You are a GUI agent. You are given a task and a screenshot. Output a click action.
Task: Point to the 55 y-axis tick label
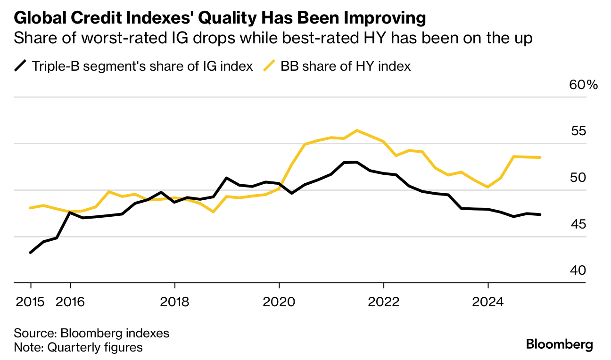[x=578, y=131]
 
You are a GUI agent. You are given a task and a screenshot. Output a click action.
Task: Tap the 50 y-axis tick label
[x=578, y=178]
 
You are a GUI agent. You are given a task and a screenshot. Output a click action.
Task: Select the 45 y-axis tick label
[x=578, y=224]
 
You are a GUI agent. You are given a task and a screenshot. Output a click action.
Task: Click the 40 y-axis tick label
[x=578, y=270]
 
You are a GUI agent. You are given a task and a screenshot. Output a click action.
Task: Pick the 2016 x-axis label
[x=70, y=302]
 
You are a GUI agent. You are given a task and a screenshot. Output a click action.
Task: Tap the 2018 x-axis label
[x=174, y=302]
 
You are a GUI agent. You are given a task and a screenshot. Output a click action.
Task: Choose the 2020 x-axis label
[x=279, y=302]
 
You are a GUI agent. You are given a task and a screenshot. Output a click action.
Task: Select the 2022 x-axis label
[x=384, y=302]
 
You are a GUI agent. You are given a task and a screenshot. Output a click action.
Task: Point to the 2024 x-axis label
[x=488, y=302]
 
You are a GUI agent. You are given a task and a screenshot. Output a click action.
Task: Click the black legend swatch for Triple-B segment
[x=20, y=66]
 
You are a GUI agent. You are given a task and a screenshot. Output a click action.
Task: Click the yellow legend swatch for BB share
[x=269, y=66]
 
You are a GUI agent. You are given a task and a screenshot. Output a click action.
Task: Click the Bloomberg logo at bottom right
[x=559, y=344]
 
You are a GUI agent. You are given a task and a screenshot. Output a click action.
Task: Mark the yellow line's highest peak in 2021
[x=357, y=130]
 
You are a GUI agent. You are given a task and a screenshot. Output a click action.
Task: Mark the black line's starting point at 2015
[x=31, y=253]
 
